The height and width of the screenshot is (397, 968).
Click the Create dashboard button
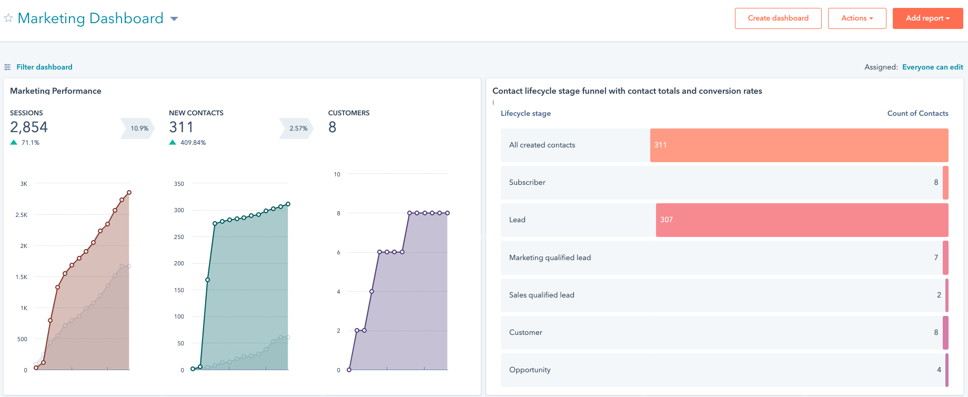[x=778, y=18]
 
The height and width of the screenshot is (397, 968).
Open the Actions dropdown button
[x=856, y=18]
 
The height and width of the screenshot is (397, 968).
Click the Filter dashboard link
[x=44, y=67]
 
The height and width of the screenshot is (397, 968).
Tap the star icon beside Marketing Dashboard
[x=8, y=18]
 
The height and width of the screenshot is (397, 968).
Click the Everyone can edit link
[x=932, y=67]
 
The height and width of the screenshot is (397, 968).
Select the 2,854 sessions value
[x=29, y=127]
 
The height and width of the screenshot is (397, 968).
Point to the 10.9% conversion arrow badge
[x=139, y=128]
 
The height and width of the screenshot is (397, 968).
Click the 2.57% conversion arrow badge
[x=298, y=128]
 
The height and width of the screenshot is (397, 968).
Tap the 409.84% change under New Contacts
[x=193, y=143]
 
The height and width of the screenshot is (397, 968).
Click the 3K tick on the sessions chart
[x=24, y=184]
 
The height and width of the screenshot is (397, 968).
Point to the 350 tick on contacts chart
[x=179, y=184]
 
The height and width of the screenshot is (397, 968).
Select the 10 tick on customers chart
[x=337, y=174]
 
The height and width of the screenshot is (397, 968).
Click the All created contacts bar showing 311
[x=799, y=145]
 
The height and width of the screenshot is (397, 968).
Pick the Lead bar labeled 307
[x=802, y=220]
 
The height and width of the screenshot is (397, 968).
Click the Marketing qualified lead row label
[x=550, y=257]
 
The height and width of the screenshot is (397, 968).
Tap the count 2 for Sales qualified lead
[x=939, y=295]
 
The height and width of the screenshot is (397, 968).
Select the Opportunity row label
[x=530, y=370]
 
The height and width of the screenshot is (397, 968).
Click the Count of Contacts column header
[x=917, y=113]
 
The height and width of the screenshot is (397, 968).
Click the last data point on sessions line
[x=129, y=193]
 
